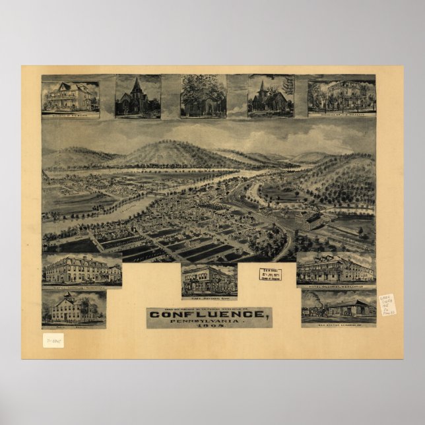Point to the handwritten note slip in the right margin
point(387,304)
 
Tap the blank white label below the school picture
point(53,340)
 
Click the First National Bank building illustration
point(209,280)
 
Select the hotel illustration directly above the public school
point(81,269)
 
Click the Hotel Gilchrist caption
point(336,286)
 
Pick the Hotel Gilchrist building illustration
point(336,269)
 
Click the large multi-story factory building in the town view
point(308,220)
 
